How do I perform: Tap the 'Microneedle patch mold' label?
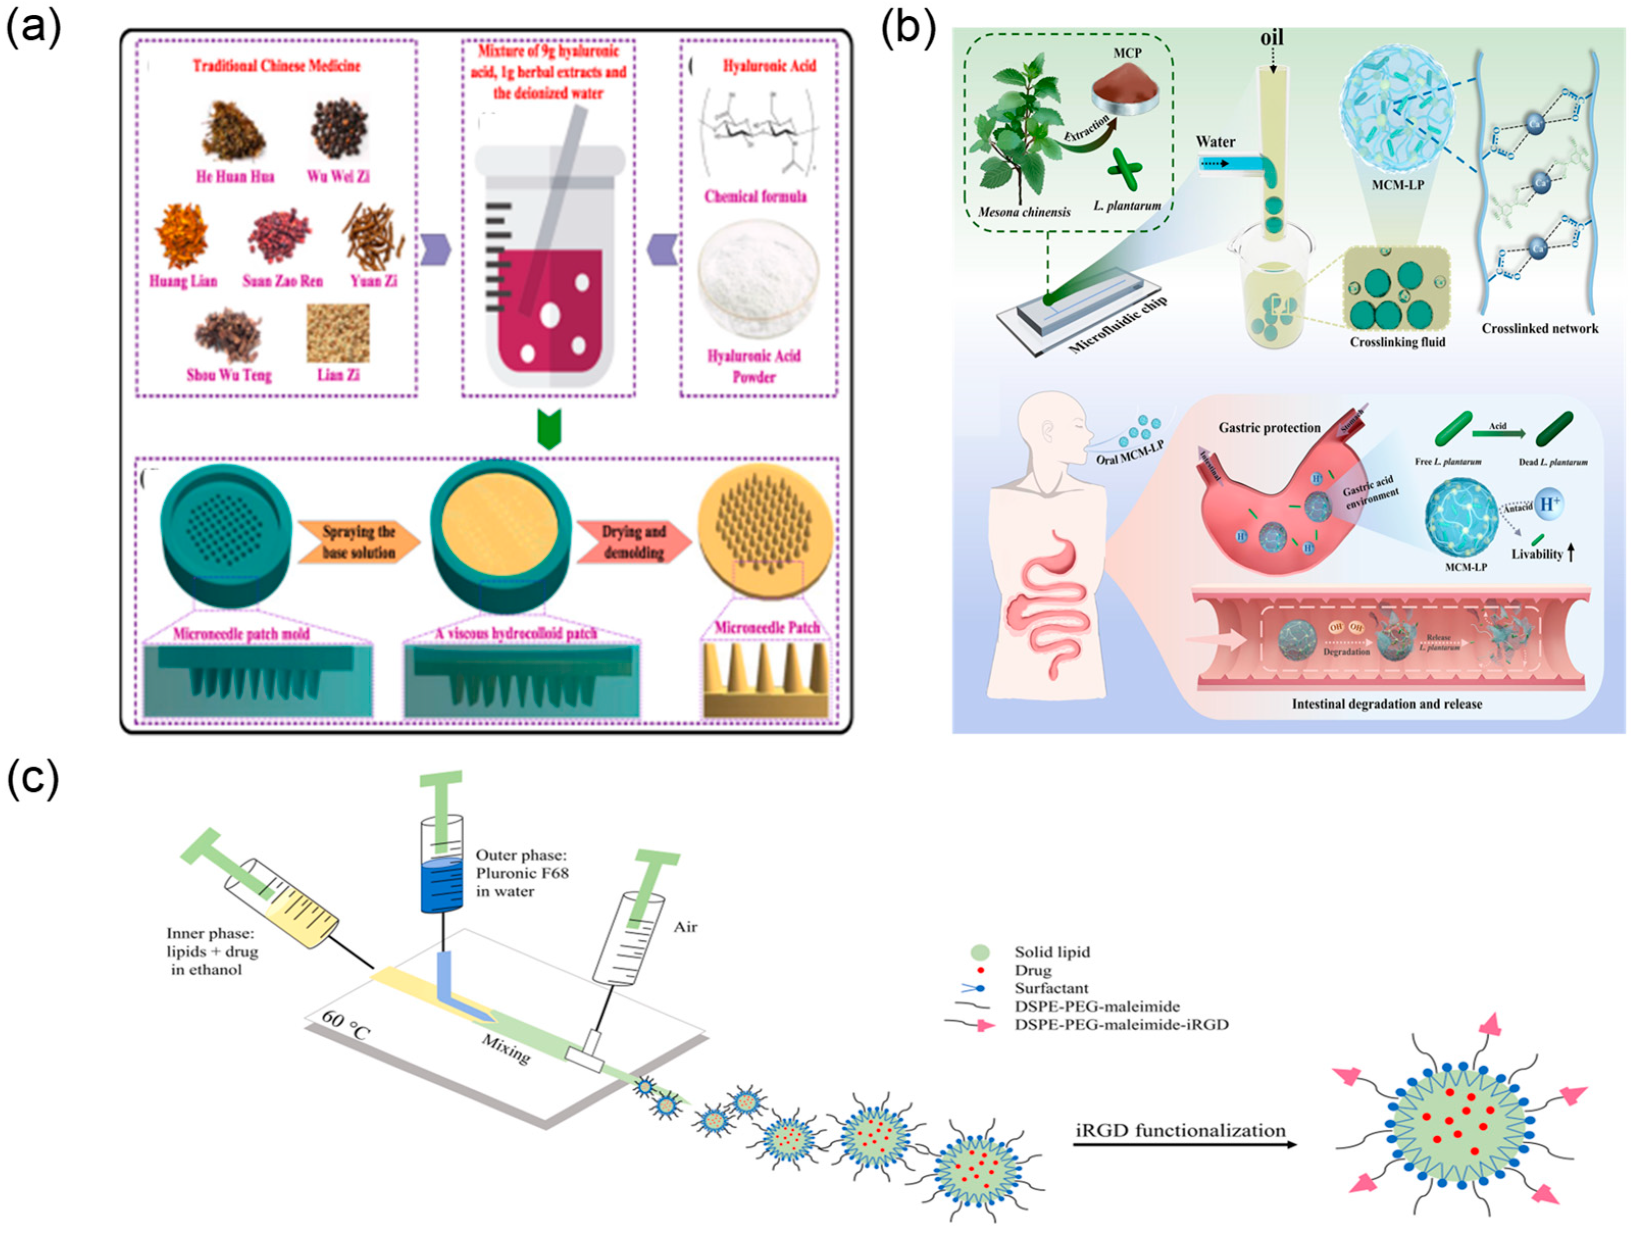pos(241,634)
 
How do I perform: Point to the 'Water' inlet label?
pos(1215,142)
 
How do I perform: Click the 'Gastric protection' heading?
pos(1269,427)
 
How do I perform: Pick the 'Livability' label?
pos(1537,554)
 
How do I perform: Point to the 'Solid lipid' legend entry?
pos(1051,952)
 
